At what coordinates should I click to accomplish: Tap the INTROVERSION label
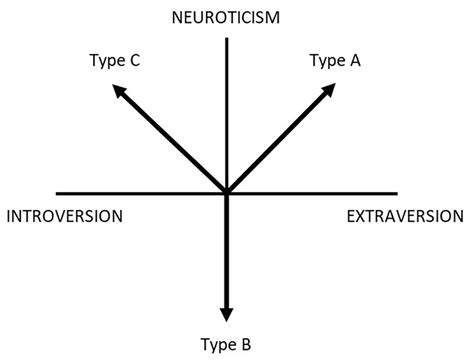(x=64, y=216)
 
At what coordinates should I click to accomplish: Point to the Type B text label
(x=228, y=345)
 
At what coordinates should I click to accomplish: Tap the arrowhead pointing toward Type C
(x=119, y=91)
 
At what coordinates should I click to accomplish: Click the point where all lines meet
(x=227, y=193)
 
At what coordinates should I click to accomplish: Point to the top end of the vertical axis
(x=228, y=37)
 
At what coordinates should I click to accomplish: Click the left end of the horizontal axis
(x=57, y=193)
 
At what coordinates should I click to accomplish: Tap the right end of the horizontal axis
(x=397, y=193)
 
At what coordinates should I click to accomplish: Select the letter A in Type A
(x=355, y=61)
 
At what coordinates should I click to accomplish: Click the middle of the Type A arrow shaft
(x=278, y=143)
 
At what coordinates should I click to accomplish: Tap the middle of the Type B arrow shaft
(x=227, y=250)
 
